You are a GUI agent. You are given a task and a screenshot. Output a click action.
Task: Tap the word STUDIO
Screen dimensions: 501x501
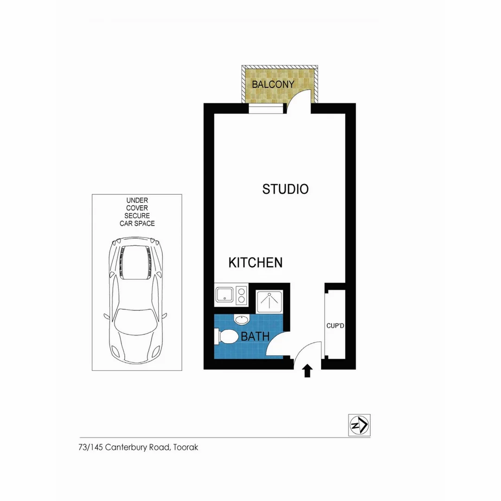(285, 189)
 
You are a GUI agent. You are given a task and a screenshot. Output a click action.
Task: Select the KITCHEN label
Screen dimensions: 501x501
(255, 263)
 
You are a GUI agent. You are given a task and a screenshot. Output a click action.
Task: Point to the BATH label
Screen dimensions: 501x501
(255, 336)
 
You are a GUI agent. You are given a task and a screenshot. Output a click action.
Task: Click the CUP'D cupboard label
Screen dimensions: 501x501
(335, 326)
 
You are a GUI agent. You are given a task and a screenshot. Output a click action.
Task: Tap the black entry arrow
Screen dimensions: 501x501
(307, 371)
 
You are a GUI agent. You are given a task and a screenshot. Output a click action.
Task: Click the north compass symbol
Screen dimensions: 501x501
(359, 424)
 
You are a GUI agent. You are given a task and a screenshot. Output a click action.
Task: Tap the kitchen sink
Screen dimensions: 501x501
(225, 295)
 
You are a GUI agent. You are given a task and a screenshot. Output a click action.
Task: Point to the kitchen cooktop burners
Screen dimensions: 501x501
(241, 295)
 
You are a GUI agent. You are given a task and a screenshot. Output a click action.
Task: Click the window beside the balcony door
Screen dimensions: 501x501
(265, 109)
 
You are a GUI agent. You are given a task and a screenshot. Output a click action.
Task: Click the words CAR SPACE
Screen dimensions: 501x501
(137, 223)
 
